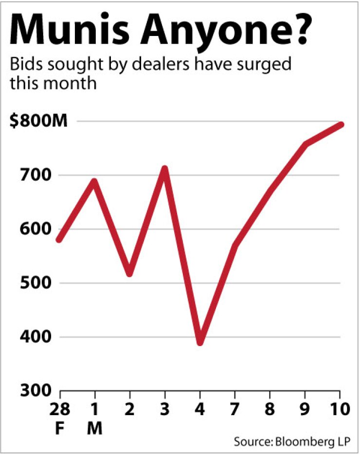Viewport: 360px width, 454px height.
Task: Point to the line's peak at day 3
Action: (x=164, y=169)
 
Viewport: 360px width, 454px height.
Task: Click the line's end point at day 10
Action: (x=341, y=124)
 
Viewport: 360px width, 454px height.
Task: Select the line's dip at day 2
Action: (x=129, y=274)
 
